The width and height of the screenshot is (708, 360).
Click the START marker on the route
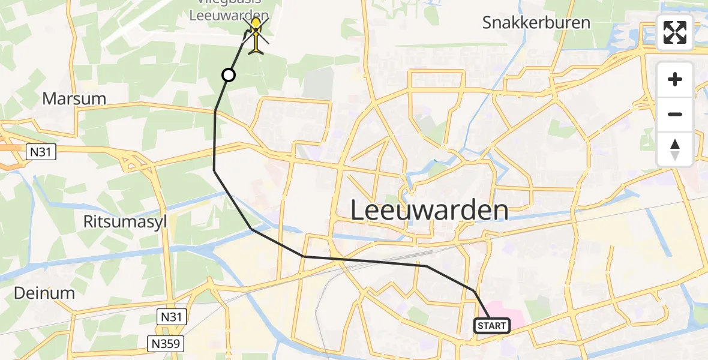click(x=492, y=326)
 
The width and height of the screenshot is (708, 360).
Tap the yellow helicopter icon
click(x=256, y=35)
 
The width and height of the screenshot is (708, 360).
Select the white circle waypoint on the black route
click(x=229, y=75)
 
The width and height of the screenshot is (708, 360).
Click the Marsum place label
click(x=74, y=99)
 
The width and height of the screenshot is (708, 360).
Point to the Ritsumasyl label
click(x=125, y=222)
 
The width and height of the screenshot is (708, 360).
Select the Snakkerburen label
click(x=536, y=23)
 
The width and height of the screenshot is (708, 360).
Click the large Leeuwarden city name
click(x=428, y=211)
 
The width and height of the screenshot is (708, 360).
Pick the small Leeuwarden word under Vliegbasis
click(x=229, y=16)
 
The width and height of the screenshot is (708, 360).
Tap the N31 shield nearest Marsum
click(x=41, y=153)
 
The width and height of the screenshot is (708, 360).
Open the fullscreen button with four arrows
click(x=675, y=32)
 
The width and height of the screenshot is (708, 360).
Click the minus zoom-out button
click(x=675, y=114)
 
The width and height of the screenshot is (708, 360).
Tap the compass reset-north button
click(x=675, y=149)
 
